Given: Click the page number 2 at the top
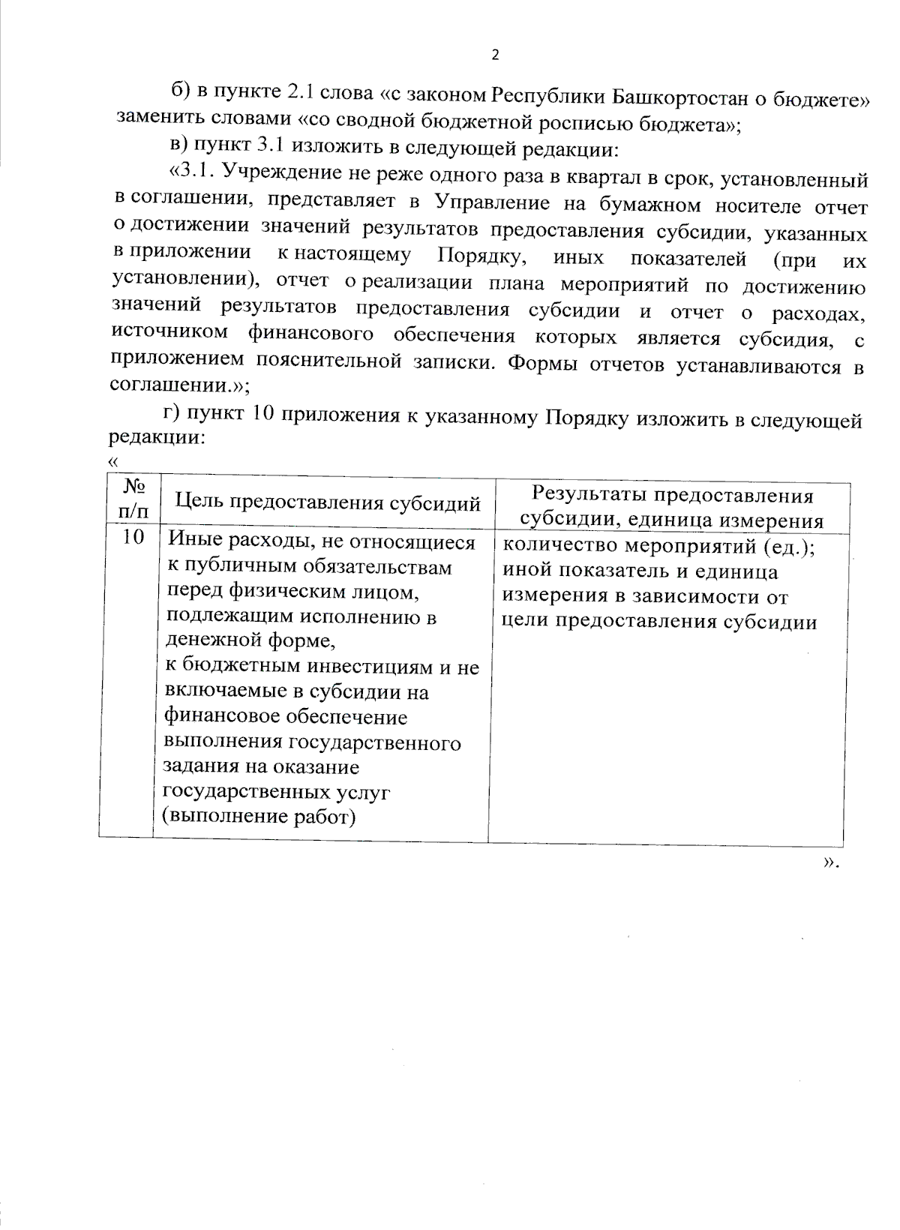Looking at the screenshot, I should (494, 55).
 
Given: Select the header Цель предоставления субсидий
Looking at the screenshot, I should (327, 503).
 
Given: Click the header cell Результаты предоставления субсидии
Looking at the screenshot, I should (672, 508).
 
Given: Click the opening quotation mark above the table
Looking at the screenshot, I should (114, 461).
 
